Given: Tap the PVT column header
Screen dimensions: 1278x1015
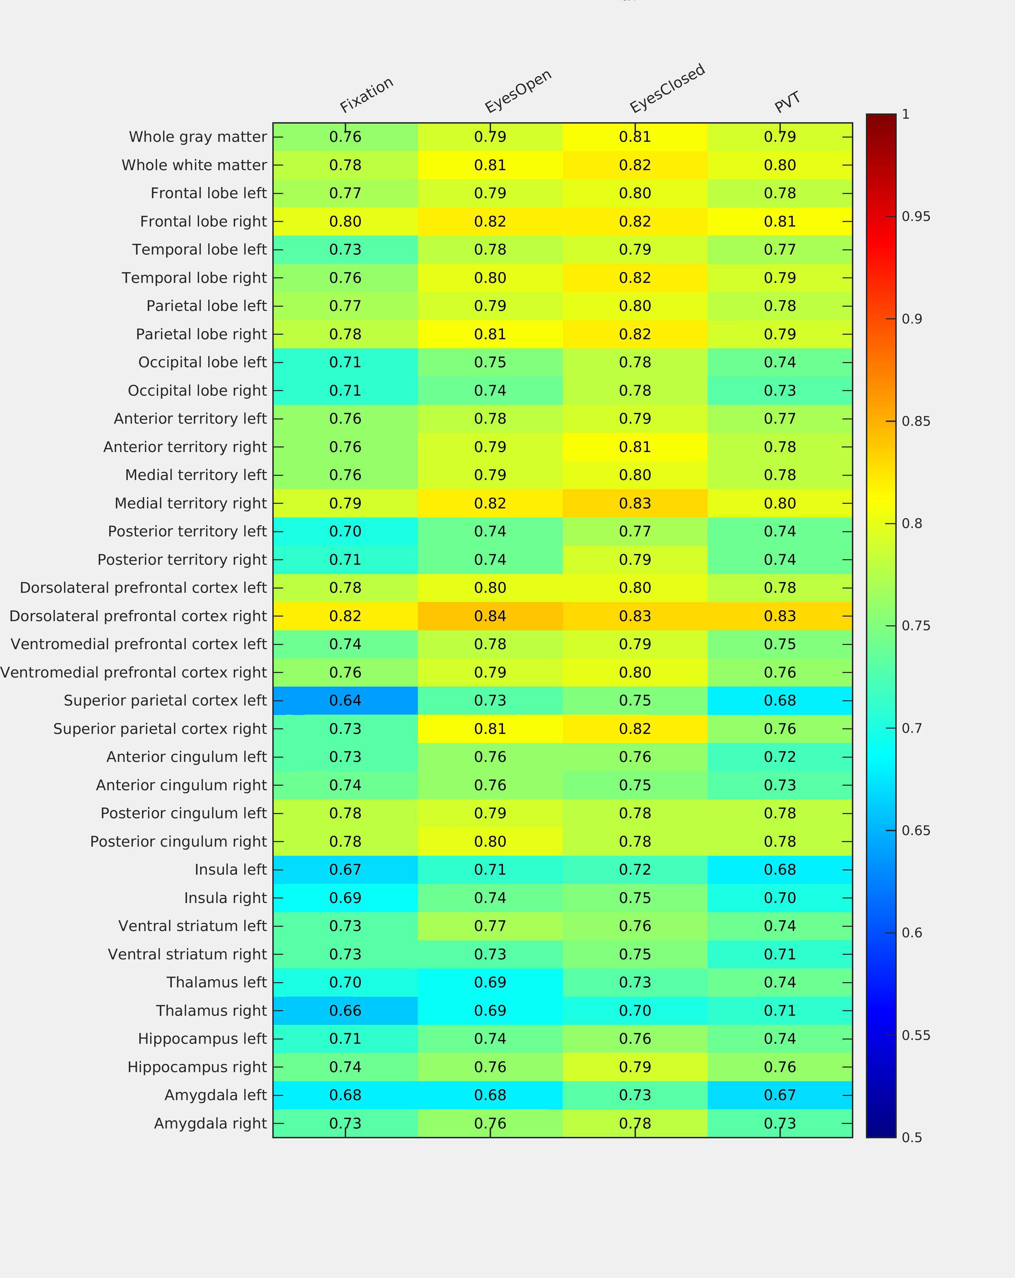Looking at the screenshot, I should pos(787,102).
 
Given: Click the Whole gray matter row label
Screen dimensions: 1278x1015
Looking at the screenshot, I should pos(198,137).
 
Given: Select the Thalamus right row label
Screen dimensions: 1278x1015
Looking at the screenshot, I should pos(211,1010).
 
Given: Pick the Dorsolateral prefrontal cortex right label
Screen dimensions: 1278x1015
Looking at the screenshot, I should pos(138,616).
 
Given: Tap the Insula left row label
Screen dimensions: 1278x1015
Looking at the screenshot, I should pos(231,870).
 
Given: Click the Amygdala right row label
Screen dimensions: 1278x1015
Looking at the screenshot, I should pos(210,1123).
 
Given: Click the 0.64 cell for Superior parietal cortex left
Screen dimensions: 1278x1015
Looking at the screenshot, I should pos(345,701).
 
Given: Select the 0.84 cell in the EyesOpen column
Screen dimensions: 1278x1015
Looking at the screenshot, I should pos(490,616).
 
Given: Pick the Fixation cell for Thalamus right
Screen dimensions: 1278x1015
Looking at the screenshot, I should pos(345,1010).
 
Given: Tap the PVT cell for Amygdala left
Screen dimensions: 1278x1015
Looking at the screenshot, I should pos(780,1095).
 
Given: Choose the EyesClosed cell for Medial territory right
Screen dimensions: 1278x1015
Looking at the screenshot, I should pos(635,503).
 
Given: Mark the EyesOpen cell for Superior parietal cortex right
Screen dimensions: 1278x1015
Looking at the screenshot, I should pos(490,729).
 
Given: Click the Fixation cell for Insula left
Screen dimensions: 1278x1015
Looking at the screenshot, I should pos(345,870).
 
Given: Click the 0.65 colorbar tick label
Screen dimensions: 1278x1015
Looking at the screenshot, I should pos(916,831).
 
